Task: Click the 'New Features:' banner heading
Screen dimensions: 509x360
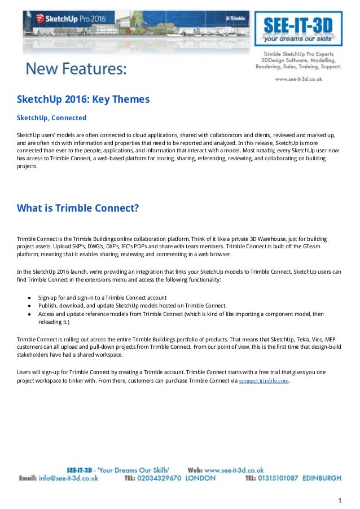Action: pos(76,69)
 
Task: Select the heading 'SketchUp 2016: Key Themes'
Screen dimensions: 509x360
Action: pos(83,99)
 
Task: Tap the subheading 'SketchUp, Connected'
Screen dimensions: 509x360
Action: pos(51,118)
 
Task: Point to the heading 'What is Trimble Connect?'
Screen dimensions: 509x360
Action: pos(78,208)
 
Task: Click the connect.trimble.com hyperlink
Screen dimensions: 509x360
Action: pos(264,381)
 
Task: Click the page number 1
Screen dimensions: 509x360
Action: pos(340,500)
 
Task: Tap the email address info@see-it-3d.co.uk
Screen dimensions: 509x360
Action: pos(68,478)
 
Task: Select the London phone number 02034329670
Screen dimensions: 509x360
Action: pos(161,478)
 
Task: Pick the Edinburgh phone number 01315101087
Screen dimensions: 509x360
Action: pos(279,478)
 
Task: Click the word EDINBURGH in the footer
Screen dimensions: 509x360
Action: pos(322,478)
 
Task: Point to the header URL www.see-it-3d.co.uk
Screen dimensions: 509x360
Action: pos(298,80)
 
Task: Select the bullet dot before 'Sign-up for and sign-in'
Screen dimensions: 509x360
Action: pos(29,297)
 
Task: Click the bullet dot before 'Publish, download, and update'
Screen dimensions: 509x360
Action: pos(29,305)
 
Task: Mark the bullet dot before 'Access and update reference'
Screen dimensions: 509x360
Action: pos(29,314)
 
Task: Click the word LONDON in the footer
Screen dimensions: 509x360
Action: pos(200,478)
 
